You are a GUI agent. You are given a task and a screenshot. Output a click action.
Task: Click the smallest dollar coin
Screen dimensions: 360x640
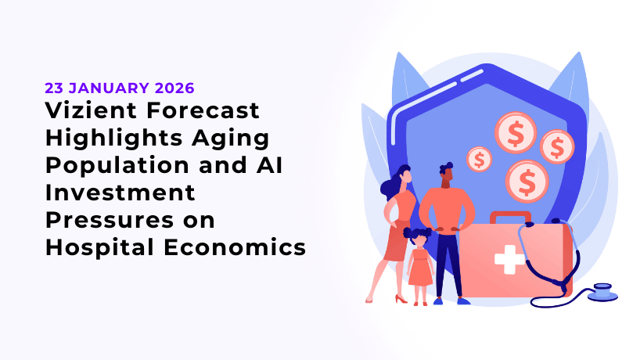[479, 160]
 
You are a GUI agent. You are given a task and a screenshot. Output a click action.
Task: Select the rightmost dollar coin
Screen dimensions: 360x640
[557, 146]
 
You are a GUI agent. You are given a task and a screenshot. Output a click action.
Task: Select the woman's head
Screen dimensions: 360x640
[404, 174]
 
